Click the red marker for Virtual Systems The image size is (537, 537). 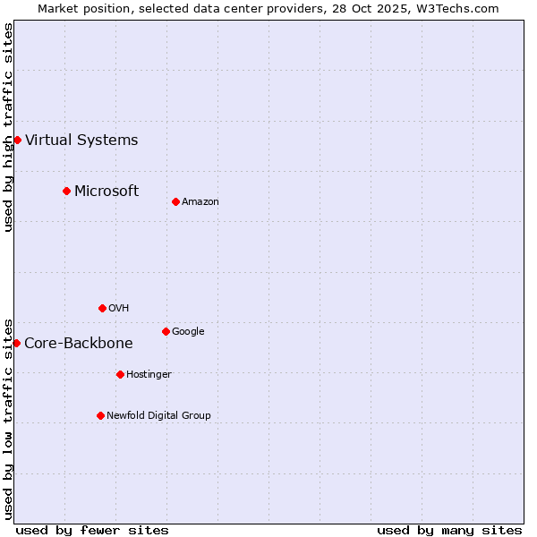tap(17, 140)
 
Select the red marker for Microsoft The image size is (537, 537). tap(66, 191)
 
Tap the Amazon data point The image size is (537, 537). tap(175, 201)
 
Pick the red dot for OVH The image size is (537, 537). tap(102, 308)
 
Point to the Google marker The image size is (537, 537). tap(166, 331)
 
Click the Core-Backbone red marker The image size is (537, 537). tap(16, 343)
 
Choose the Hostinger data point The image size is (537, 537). tap(120, 374)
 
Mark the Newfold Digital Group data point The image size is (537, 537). tap(100, 415)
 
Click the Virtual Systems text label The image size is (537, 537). tap(81, 140)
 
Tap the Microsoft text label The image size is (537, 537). tap(107, 191)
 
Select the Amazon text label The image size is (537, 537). tap(200, 202)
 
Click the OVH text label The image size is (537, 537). tap(119, 309)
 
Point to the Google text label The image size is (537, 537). tap(188, 332)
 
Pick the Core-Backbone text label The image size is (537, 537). tap(79, 343)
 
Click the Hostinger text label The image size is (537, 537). tap(149, 375)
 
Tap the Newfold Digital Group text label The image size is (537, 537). tap(158, 415)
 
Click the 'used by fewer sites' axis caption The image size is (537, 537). tap(92, 530)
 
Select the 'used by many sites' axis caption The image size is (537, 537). tap(449, 530)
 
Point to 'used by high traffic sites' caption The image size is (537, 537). tap(8, 127)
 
